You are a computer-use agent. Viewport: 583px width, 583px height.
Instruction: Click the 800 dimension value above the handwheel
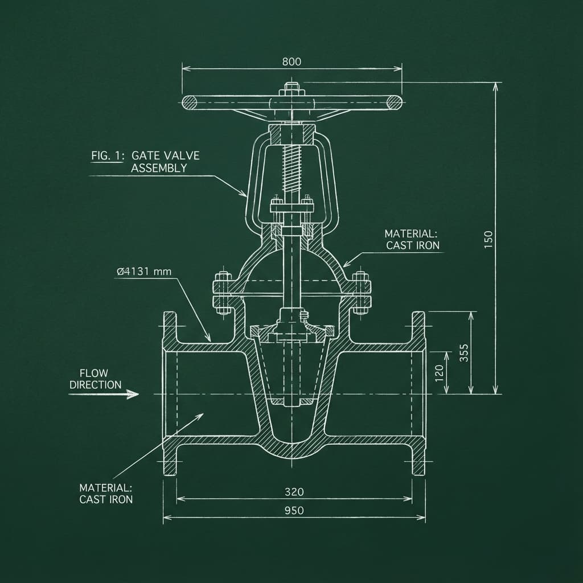(x=291, y=62)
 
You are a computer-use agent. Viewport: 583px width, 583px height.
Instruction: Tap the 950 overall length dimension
(x=294, y=511)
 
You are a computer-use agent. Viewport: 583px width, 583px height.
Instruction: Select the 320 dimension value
(x=294, y=491)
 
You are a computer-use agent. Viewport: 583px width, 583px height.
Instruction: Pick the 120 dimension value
(x=439, y=373)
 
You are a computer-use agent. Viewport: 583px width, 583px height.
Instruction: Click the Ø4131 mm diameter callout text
(x=143, y=272)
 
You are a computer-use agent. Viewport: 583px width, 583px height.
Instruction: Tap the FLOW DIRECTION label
(x=96, y=379)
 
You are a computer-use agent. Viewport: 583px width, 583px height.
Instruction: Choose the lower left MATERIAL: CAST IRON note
(x=106, y=494)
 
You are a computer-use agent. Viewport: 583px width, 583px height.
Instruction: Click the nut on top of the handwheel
(x=291, y=89)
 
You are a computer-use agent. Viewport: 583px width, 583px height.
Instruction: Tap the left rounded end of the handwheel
(x=190, y=102)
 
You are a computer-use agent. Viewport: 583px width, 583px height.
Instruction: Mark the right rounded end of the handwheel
(x=393, y=102)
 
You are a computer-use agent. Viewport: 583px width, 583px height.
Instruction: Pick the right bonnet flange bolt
(x=359, y=292)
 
